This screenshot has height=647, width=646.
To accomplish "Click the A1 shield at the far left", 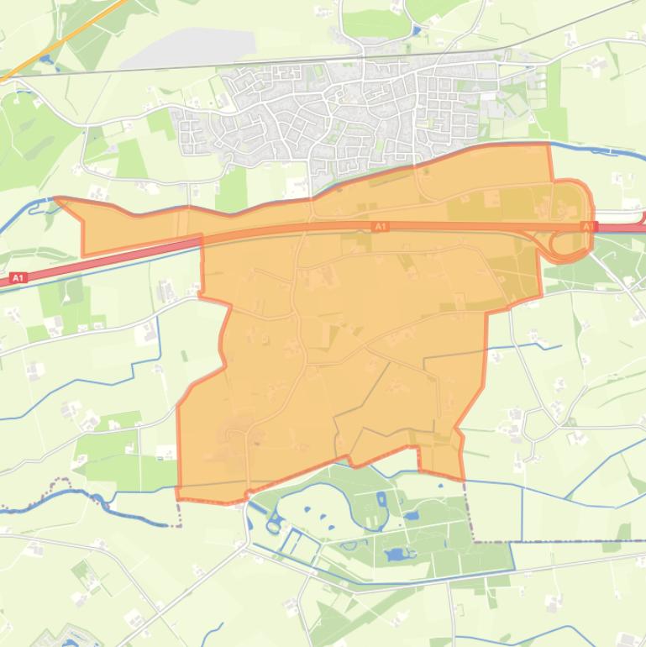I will pos(18,277).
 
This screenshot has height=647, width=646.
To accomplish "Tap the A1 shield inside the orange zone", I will pos(380,227).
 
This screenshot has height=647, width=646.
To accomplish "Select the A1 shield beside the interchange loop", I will pos(589,227).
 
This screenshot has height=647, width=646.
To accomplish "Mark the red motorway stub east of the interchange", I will pos(626,228).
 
